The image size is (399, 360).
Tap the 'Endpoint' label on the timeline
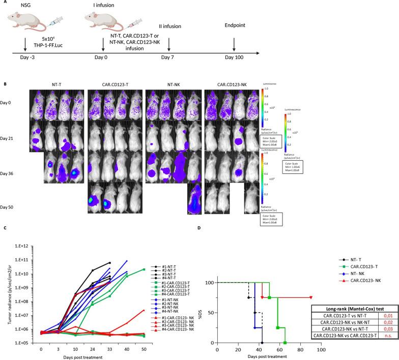pyautogui.click(x=234, y=23)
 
